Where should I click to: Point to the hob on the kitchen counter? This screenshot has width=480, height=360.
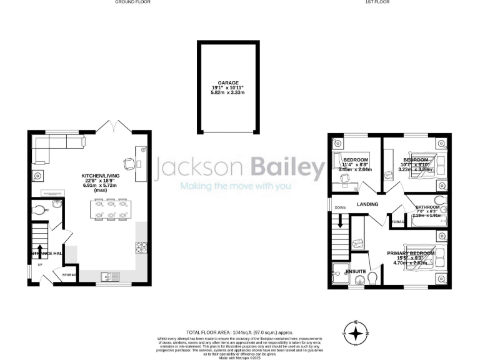[141, 247]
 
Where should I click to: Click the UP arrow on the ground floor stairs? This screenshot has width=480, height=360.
[41, 251]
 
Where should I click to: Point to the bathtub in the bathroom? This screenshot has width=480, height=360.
[426, 221]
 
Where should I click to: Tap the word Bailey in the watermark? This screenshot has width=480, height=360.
[288, 167]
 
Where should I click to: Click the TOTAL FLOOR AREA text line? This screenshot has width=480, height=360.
[239, 333]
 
